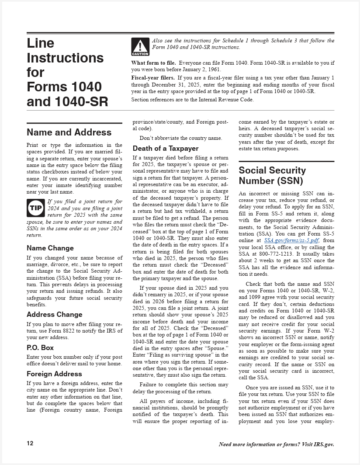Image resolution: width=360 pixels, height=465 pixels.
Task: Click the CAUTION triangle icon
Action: (x=140, y=47)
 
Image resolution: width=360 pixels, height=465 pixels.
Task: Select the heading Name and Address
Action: (x=69, y=132)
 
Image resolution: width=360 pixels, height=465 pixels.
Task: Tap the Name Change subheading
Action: (x=50, y=248)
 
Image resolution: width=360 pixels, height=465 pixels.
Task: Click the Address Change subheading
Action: (x=54, y=315)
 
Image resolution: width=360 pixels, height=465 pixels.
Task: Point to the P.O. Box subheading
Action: (x=40, y=348)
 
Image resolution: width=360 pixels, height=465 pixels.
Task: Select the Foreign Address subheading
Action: (x=54, y=374)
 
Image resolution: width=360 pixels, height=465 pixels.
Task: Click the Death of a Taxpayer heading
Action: (x=166, y=149)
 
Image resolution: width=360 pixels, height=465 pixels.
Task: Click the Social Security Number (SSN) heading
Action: (x=272, y=175)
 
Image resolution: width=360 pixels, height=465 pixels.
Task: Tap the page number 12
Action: (x=30, y=444)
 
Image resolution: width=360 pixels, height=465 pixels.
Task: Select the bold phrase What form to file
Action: (x=154, y=63)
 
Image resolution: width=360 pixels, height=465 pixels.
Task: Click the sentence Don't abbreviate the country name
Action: (x=181, y=138)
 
